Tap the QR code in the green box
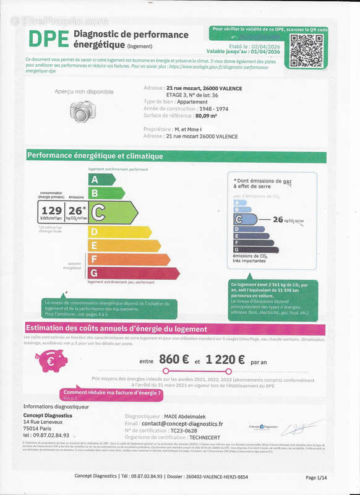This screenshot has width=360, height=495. pyautogui.click(x=306, y=51)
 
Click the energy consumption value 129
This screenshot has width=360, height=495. pyautogui.click(x=51, y=212)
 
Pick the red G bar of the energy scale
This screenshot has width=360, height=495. pyautogui.click(x=132, y=273)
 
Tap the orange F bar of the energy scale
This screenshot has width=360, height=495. pyautogui.click(x=127, y=259)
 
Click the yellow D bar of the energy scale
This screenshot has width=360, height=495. pyautogui.click(x=119, y=232)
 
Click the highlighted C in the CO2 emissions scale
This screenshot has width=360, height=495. pyautogui.click(x=245, y=218)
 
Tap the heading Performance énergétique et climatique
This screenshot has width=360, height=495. pyautogui.click(x=95, y=156)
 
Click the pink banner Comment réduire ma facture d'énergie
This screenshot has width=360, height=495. pyautogui.click(x=108, y=393)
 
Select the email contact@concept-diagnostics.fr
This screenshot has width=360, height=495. pyautogui.click(x=182, y=424)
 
